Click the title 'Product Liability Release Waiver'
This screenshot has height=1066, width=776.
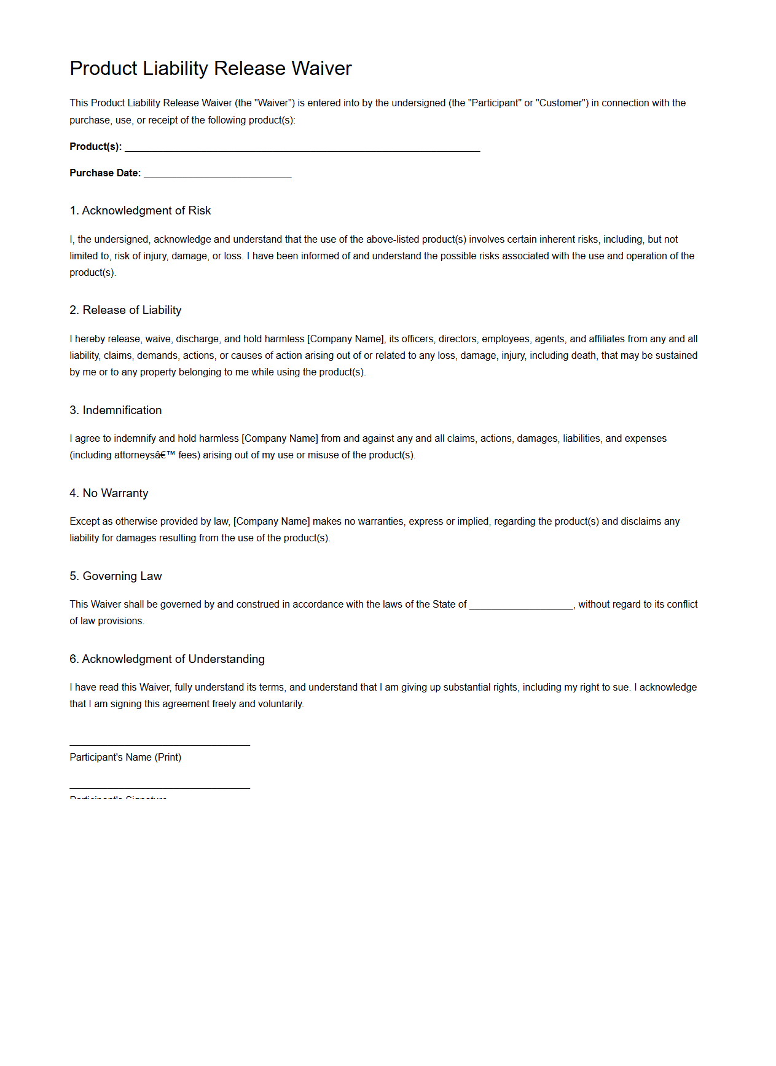point(210,68)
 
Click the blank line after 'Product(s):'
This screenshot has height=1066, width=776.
point(302,147)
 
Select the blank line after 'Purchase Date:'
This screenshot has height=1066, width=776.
point(218,174)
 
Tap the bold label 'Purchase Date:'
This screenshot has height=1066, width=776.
point(105,173)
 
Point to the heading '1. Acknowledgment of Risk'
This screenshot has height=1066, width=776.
point(140,211)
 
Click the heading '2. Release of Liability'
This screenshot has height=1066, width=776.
point(125,310)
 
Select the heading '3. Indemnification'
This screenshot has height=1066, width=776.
point(116,410)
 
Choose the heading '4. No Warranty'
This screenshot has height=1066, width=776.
point(109,493)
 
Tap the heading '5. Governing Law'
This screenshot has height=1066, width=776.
point(116,576)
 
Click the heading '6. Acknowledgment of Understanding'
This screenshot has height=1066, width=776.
point(167,659)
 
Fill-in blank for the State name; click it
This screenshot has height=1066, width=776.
point(521,606)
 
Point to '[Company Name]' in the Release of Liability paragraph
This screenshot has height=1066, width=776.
point(346,339)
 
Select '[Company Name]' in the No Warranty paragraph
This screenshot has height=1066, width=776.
point(272,522)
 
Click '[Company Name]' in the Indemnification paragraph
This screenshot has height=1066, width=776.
point(280,439)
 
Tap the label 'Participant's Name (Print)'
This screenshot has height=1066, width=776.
point(125,758)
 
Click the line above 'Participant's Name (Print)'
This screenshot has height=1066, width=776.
point(160,745)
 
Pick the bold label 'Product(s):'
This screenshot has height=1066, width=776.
point(96,147)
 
